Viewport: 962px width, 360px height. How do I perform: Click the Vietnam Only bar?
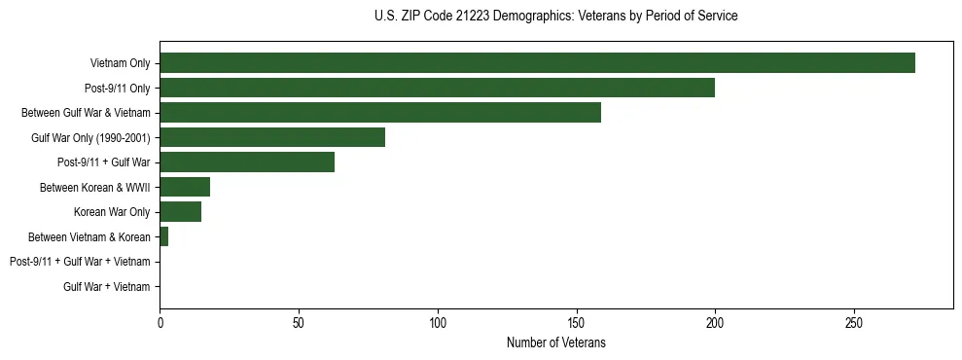tap(537, 63)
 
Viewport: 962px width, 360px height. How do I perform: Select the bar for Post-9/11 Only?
tap(437, 88)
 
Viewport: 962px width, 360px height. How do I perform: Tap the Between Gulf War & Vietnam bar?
tap(380, 113)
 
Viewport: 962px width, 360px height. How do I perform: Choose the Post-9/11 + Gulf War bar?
tap(247, 162)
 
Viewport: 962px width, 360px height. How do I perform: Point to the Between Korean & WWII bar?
tap(185, 187)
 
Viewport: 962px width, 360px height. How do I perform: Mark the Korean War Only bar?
tap(181, 212)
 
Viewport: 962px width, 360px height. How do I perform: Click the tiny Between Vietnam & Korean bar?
tap(164, 236)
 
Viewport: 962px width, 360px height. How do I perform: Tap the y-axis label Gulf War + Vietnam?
tap(107, 287)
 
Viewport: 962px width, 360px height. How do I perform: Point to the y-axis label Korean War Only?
tap(112, 212)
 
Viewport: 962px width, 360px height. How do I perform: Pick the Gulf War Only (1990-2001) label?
tap(90, 137)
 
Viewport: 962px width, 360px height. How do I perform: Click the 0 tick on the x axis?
tap(160, 322)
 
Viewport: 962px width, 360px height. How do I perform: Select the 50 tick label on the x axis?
tap(299, 322)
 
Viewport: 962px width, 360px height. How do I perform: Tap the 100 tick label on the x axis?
tap(438, 322)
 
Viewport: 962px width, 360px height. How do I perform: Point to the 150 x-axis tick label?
tap(577, 322)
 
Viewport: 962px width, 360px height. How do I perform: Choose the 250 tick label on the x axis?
tap(854, 322)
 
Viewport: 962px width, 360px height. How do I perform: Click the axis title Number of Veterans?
tap(555, 342)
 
